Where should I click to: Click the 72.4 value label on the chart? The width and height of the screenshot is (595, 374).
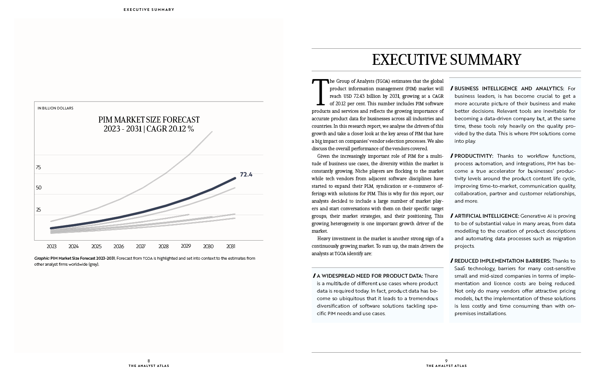coord(246,174)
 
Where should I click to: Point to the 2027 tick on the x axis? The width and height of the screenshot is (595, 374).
coord(141,246)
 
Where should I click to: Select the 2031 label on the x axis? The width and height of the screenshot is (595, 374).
coord(231,246)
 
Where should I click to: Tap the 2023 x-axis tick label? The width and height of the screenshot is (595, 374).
coord(51,246)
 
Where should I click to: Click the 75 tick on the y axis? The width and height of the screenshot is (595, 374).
coord(39,167)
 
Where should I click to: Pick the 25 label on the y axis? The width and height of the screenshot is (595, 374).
coord(39,210)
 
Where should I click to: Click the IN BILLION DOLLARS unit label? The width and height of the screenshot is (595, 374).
coord(55,108)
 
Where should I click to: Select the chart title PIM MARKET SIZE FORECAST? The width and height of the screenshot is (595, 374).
coord(149,120)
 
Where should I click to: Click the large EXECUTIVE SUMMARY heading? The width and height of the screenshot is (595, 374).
coord(447,60)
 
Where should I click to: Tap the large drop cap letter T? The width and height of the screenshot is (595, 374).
coord(320,92)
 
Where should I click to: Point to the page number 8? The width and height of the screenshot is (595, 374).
coord(149,361)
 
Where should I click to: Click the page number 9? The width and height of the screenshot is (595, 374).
coord(446,361)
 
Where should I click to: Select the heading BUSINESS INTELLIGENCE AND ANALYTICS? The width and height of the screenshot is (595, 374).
coord(509,88)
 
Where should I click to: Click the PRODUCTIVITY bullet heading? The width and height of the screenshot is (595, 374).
coord(474,156)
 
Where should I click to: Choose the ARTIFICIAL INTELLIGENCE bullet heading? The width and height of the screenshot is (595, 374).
coord(487,216)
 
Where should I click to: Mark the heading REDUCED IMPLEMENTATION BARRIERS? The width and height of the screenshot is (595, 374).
coord(502,261)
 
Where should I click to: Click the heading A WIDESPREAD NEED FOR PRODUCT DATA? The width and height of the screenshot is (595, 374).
coord(370,276)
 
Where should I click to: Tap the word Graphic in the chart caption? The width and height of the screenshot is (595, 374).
coord(42,258)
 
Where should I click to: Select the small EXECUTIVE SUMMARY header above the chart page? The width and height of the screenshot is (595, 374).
coord(149,9)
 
